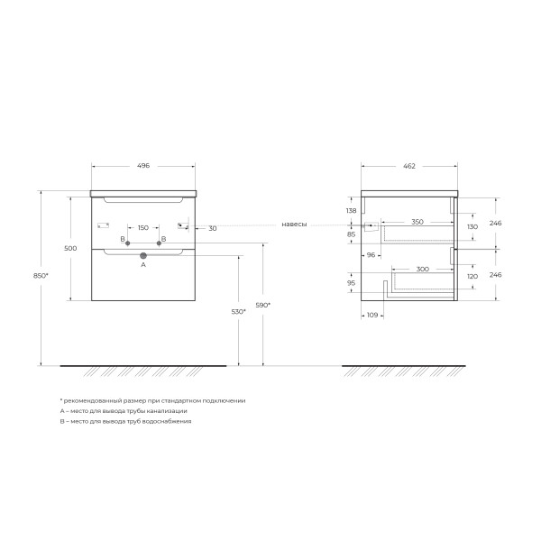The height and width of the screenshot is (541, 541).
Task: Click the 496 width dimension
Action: click(x=142, y=167)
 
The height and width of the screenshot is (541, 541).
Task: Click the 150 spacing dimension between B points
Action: click(x=143, y=228)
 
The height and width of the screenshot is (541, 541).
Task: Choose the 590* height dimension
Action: click(x=263, y=305)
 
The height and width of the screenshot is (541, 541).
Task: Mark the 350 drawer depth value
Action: click(x=417, y=222)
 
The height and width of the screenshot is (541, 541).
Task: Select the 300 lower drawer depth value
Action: click(x=422, y=270)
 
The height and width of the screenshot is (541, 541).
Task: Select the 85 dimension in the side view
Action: click(x=352, y=234)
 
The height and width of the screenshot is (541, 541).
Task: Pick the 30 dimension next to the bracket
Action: click(x=212, y=228)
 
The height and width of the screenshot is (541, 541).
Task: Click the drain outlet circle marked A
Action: click(x=142, y=256)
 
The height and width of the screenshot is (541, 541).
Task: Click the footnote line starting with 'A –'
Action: click(x=124, y=410)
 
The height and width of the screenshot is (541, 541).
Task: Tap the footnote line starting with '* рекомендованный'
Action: click(x=152, y=399)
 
